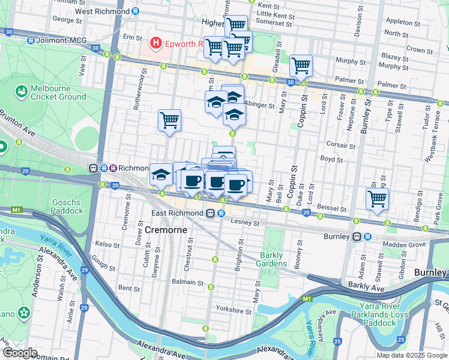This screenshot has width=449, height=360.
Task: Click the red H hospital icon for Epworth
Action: click(x=156, y=43)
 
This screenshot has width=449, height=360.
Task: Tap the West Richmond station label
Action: click(x=103, y=11)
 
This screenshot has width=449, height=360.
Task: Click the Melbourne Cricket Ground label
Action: click(x=58, y=92)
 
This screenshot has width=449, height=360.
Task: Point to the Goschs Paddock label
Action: click(x=67, y=207)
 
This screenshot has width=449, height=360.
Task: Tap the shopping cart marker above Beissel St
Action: click(x=377, y=198)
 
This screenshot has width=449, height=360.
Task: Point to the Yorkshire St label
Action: click(x=234, y=311)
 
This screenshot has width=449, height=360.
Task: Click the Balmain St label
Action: click(x=187, y=282)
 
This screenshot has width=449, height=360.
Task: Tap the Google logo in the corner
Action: click(x=20, y=353)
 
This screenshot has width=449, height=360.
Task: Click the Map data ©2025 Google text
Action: click(x=411, y=355)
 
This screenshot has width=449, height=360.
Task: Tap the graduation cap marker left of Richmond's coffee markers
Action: click(x=160, y=174)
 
